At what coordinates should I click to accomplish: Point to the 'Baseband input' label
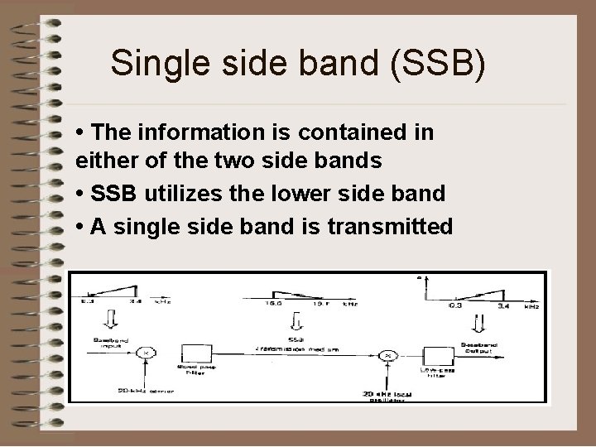[96, 341]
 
